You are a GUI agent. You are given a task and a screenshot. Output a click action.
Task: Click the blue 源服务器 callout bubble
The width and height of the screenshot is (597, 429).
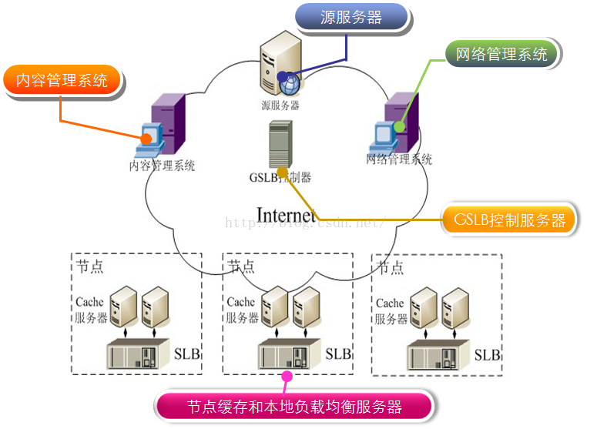coord(351,18)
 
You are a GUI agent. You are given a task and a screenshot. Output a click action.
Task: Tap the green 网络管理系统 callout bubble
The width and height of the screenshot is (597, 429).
coord(501,55)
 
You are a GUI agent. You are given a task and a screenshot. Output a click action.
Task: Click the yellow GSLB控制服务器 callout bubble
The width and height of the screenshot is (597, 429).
coord(509,220)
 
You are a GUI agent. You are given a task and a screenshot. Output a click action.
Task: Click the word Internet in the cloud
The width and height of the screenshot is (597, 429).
coord(286,215)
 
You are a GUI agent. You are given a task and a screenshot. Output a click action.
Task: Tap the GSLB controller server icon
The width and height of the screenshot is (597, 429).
coord(279,145)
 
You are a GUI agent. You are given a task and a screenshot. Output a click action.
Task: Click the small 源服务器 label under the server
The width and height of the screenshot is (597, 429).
coord(280,105)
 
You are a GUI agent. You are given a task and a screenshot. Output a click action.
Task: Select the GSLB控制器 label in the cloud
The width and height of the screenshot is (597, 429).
coord(280,177)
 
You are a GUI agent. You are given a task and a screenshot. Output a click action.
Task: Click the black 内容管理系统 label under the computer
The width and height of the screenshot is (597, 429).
coord(162,165)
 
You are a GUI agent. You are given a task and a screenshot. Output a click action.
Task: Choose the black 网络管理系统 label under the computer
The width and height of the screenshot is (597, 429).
coord(399,159)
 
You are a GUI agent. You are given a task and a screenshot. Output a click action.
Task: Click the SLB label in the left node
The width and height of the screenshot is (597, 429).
coord(189,354)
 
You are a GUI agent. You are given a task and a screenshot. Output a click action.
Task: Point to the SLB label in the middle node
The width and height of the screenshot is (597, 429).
coord(338,354)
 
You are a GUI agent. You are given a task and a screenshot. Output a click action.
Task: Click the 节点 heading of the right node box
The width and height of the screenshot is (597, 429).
coord(390,268)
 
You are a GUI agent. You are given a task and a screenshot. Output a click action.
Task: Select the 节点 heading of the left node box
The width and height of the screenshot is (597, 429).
coord(90,266)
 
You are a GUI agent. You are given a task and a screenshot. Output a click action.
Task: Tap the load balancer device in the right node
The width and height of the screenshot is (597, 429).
coord(437,355)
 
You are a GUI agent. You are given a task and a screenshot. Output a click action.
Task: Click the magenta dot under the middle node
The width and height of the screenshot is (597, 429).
coord(287,375)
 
